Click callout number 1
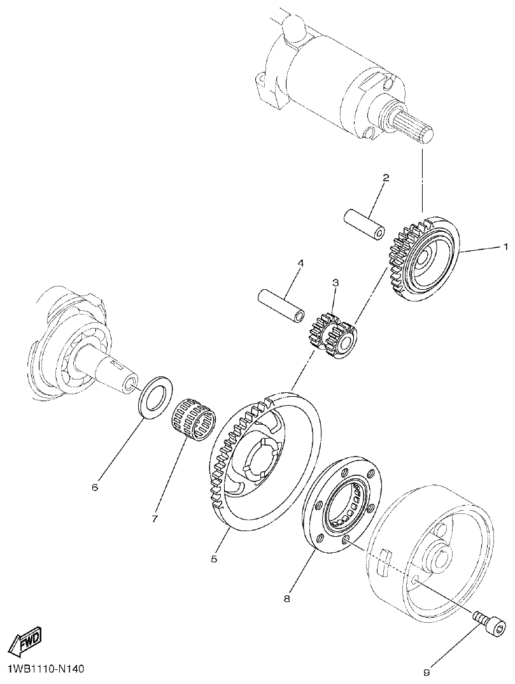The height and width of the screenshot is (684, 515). point(506,246)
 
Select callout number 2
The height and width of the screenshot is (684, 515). point(386,178)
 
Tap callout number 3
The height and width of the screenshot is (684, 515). point(335,281)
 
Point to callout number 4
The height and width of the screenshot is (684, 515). point(300,262)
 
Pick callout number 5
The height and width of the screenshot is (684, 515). point(215,559)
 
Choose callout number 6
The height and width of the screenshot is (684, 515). point(95,487)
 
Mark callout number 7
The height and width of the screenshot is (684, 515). point(155,518)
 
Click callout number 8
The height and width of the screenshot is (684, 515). point(287,598)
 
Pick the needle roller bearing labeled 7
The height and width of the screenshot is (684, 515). point(195,418)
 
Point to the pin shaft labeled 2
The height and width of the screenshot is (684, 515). point(364,224)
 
